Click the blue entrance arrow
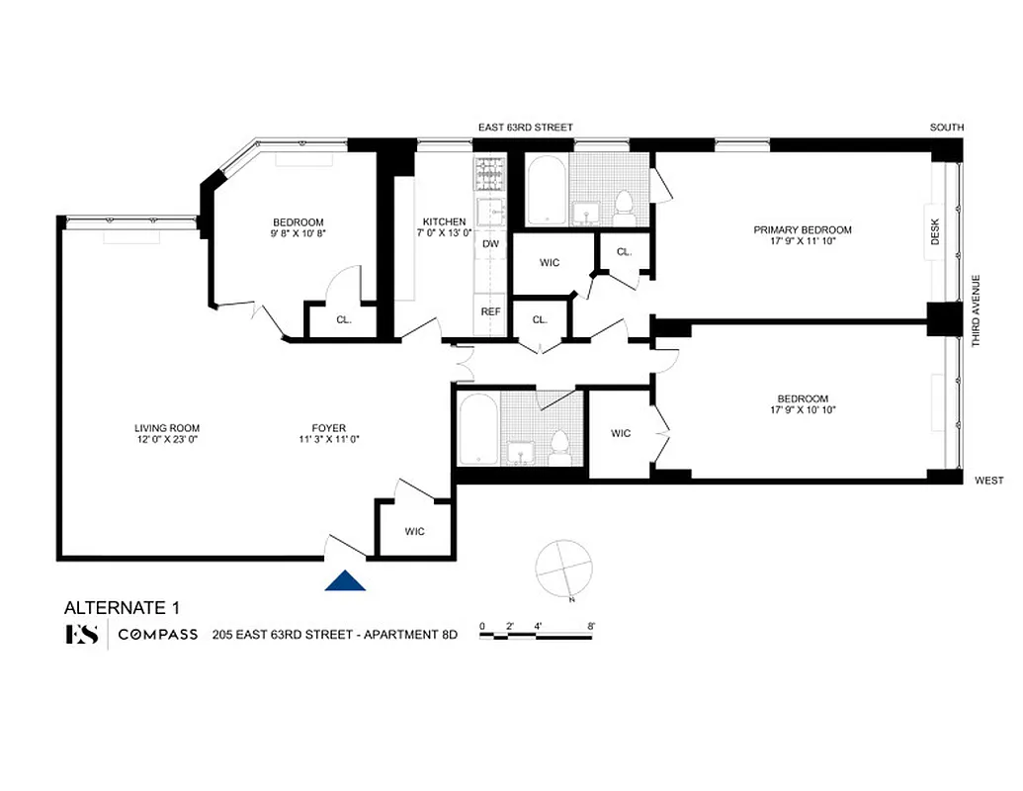click(x=345, y=581)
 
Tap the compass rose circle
click(x=561, y=569)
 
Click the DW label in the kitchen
click(x=490, y=243)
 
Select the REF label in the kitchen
click(x=490, y=311)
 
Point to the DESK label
click(x=935, y=232)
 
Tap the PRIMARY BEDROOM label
click(x=802, y=230)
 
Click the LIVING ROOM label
click(x=167, y=428)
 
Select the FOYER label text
click(x=329, y=428)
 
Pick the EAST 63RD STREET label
click(x=525, y=128)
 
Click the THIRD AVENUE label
click(x=976, y=309)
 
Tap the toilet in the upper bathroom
click(x=624, y=206)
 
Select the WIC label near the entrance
click(x=414, y=532)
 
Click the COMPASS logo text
click(x=158, y=635)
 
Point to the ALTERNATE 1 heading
click(x=122, y=607)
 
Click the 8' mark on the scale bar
click(x=591, y=625)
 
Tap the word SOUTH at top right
click(x=946, y=128)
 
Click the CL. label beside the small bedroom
click(x=343, y=319)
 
